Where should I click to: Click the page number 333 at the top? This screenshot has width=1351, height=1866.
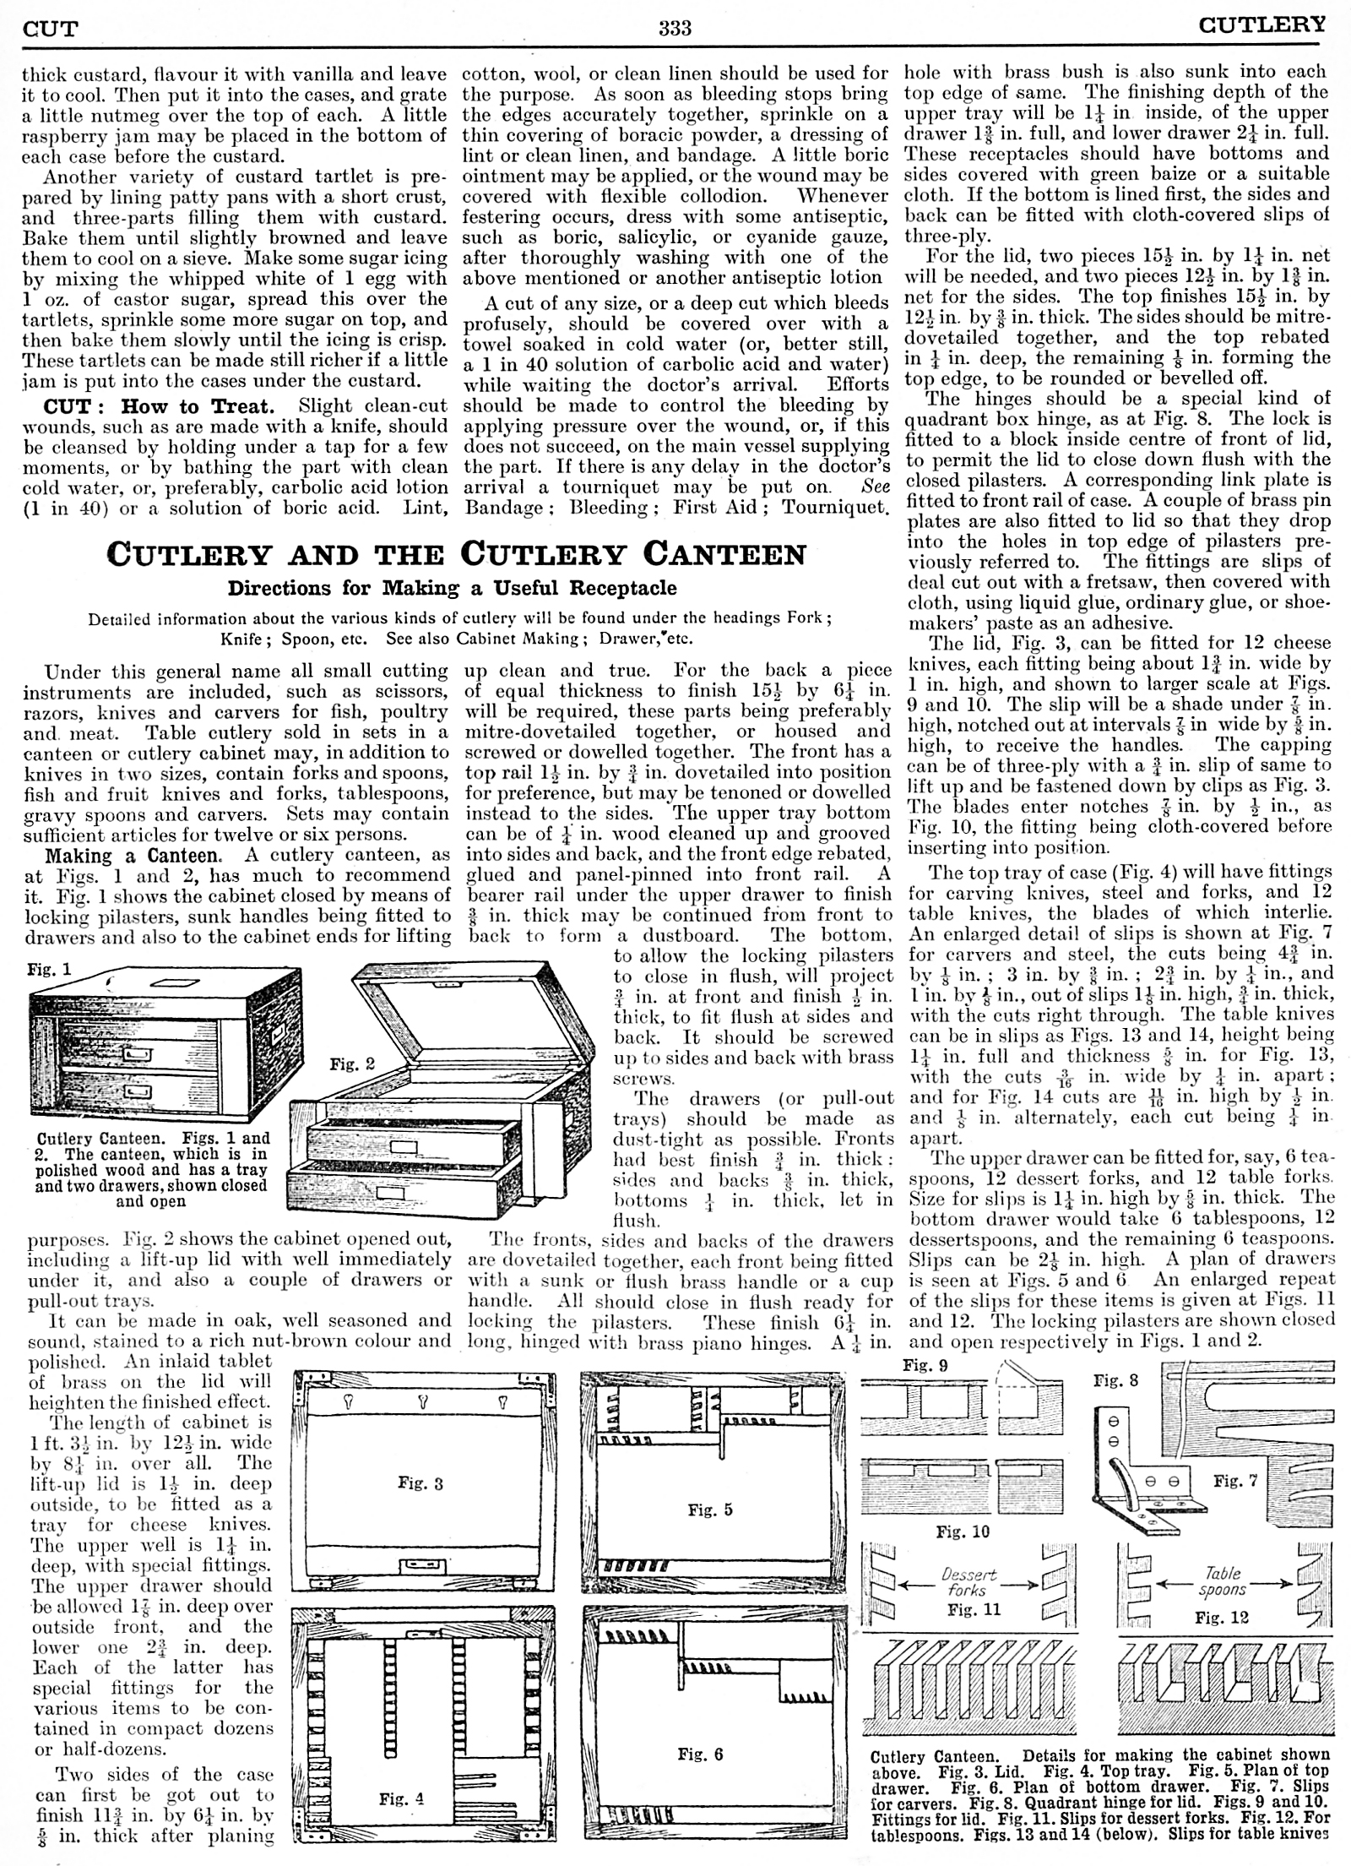675,30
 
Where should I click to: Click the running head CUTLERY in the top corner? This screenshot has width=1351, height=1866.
1262,26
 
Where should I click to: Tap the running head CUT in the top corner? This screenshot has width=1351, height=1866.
50,30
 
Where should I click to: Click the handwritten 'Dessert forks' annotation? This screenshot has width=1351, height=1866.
968,1582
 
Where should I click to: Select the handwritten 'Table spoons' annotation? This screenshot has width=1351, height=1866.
1223,1581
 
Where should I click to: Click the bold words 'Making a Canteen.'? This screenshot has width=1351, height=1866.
132,855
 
